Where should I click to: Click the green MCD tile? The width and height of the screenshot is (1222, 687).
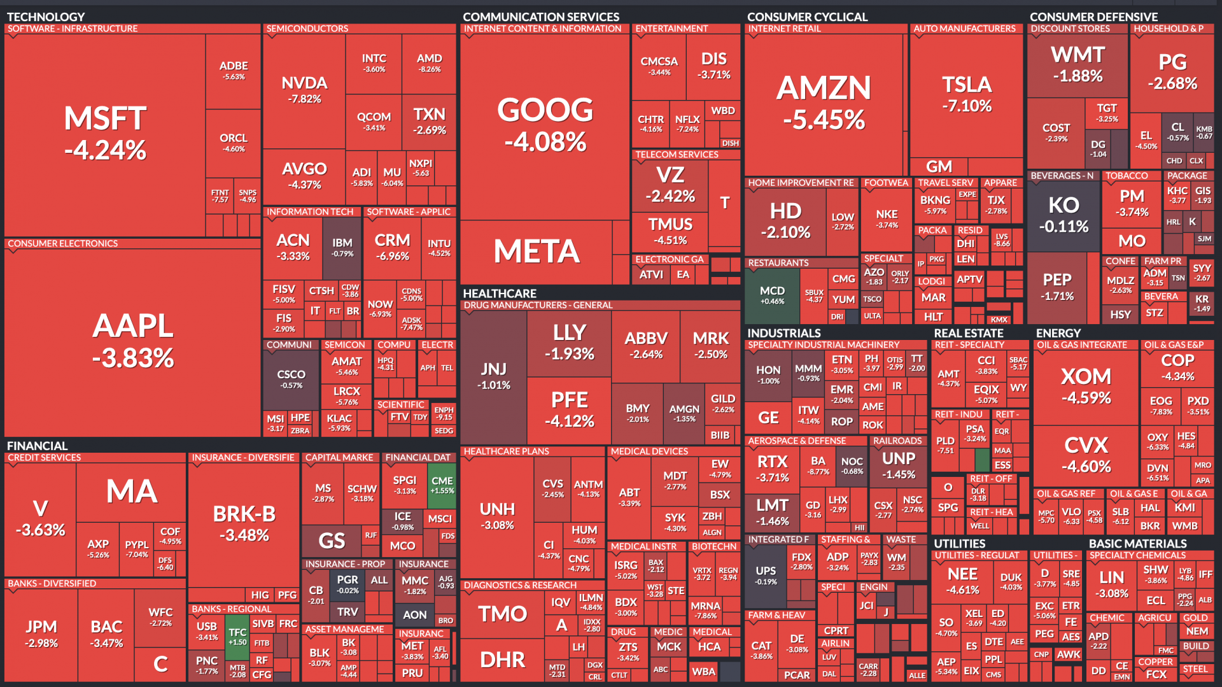772,295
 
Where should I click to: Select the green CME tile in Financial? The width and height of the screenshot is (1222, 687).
442,485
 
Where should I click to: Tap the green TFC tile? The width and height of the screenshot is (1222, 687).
237,636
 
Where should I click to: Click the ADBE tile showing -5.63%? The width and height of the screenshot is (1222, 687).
234,70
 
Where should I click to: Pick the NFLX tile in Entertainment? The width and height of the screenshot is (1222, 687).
687,123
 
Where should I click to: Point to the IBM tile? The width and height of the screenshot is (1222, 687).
342,247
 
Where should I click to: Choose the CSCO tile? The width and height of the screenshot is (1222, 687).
291,379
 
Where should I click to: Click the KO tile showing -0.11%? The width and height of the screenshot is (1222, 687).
1064,215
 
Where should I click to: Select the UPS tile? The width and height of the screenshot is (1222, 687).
766,574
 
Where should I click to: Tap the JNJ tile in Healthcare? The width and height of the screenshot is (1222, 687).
494,376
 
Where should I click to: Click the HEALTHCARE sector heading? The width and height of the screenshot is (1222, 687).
500,294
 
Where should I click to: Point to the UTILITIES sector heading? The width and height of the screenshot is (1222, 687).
959,544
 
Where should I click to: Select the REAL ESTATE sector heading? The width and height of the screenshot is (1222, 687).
968,333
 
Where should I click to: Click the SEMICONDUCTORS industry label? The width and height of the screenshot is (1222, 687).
307,29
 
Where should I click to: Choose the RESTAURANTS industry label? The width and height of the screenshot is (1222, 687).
778,263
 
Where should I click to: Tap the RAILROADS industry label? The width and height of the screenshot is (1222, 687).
897,441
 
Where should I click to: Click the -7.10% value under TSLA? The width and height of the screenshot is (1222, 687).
967,106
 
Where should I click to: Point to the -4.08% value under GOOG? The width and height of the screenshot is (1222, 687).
545,141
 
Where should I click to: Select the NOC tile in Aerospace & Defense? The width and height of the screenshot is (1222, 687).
852,465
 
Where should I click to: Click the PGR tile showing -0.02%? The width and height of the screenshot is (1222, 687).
348,584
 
